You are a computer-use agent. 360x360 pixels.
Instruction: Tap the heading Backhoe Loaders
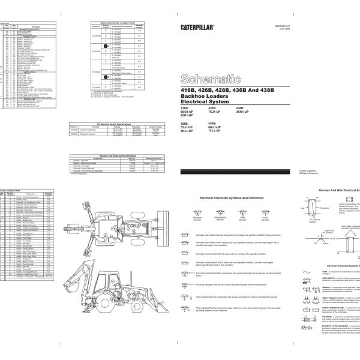[x=202, y=97]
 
